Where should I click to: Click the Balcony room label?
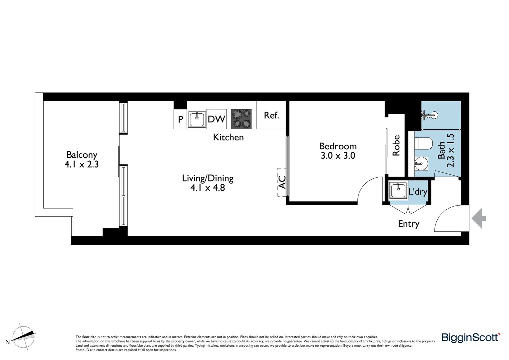82,155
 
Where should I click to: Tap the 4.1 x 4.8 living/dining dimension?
208,188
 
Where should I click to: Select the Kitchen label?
228,137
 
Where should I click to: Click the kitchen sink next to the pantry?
197,119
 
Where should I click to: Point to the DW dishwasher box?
217,119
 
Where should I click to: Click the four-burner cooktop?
242,119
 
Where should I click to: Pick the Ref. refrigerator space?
271,115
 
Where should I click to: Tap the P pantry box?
180,119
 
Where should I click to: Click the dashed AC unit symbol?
281,182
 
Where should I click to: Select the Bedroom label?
338,146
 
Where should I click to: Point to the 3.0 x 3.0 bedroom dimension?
338,156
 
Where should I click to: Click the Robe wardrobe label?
396,146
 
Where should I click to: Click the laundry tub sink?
398,191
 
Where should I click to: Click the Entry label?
408,224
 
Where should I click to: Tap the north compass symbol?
24,336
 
